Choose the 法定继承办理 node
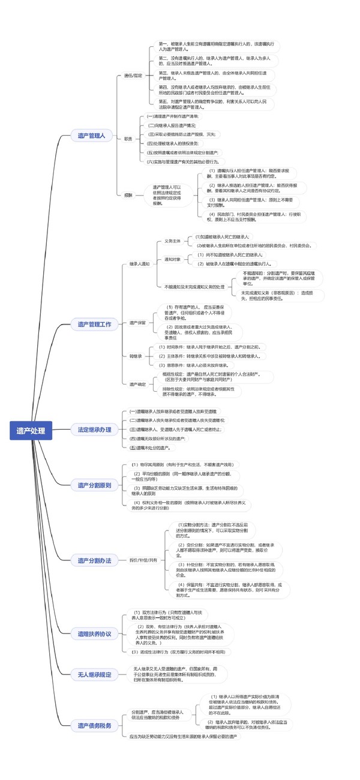tap(94, 413)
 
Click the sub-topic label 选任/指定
tap(133, 76)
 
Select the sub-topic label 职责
tap(128, 139)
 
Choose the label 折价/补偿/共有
tap(143, 560)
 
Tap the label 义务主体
tap(173, 241)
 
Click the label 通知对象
tap(173, 259)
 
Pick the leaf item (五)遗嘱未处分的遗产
tap(151, 447)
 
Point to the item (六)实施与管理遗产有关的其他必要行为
tap(186, 161)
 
